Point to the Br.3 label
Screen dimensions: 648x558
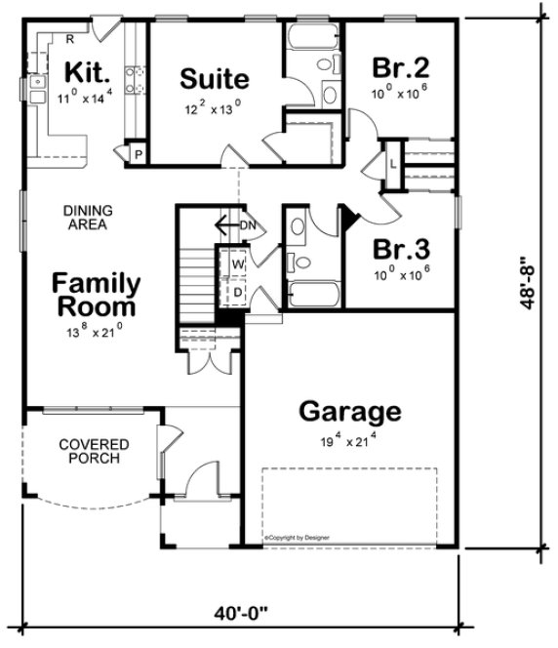click(x=399, y=246)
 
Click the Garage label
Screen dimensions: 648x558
click(x=348, y=411)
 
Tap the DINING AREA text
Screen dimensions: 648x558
click(x=88, y=217)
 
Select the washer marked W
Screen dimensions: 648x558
click(x=237, y=263)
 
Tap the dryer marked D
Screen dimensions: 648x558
click(x=237, y=290)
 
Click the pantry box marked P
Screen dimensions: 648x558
click(x=137, y=153)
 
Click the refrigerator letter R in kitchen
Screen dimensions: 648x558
click(x=70, y=39)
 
